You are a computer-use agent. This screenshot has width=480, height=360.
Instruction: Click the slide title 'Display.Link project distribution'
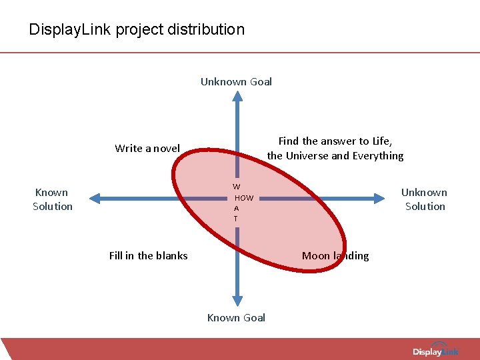coord(137,29)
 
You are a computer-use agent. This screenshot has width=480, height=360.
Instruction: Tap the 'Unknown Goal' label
coord(236,82)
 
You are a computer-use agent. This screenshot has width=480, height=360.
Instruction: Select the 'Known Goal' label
coord(236,317)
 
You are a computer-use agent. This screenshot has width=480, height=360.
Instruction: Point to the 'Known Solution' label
coord(53,199)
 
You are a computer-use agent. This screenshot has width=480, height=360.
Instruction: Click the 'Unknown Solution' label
coord(425,199)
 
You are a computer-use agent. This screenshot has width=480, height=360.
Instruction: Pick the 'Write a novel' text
coord(147,148)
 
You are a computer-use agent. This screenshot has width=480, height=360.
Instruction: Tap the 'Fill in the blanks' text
coord(148,255)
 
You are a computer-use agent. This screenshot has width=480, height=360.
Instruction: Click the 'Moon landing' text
coord(335,255)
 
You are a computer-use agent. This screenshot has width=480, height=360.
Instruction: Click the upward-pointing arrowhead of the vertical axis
coord(237,96)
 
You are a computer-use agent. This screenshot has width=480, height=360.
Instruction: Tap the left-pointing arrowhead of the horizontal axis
coord(95,198)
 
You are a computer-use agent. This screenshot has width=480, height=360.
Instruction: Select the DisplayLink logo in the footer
coord(436,351)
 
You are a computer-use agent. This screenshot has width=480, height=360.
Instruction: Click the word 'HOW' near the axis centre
coord(245,198)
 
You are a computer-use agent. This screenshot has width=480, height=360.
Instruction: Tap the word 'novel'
coord(166,148)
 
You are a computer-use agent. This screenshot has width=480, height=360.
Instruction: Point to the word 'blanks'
coord(172,255)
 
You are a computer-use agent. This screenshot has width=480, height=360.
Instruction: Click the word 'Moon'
coord(315,255)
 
